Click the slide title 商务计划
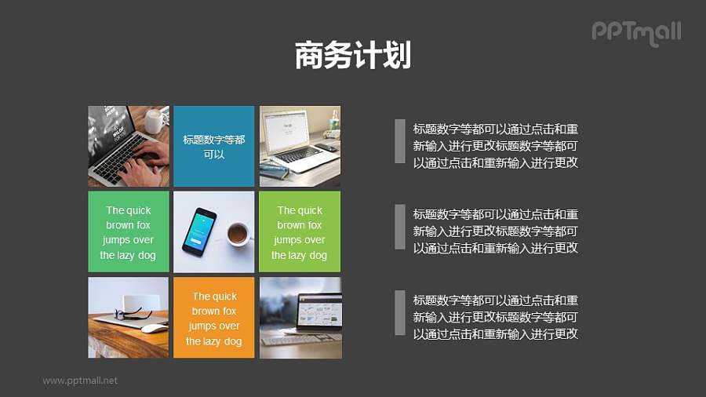click(353, 56)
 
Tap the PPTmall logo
click(636, 32)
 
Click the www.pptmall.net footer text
click(80, 381)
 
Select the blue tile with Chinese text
click(213, 146)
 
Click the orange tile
click(213, 318)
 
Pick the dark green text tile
click(128, 232)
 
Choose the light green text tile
click(300, 232)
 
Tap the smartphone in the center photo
click(198, 231)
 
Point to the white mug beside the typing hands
click(154, 121)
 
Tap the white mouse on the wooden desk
click(154, 328)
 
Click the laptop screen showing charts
click(319, 311)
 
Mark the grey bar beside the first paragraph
click(399, 141)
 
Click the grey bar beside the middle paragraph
click(399, 227)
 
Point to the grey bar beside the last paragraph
click(399, 312)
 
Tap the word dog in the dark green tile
click(147, 255)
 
